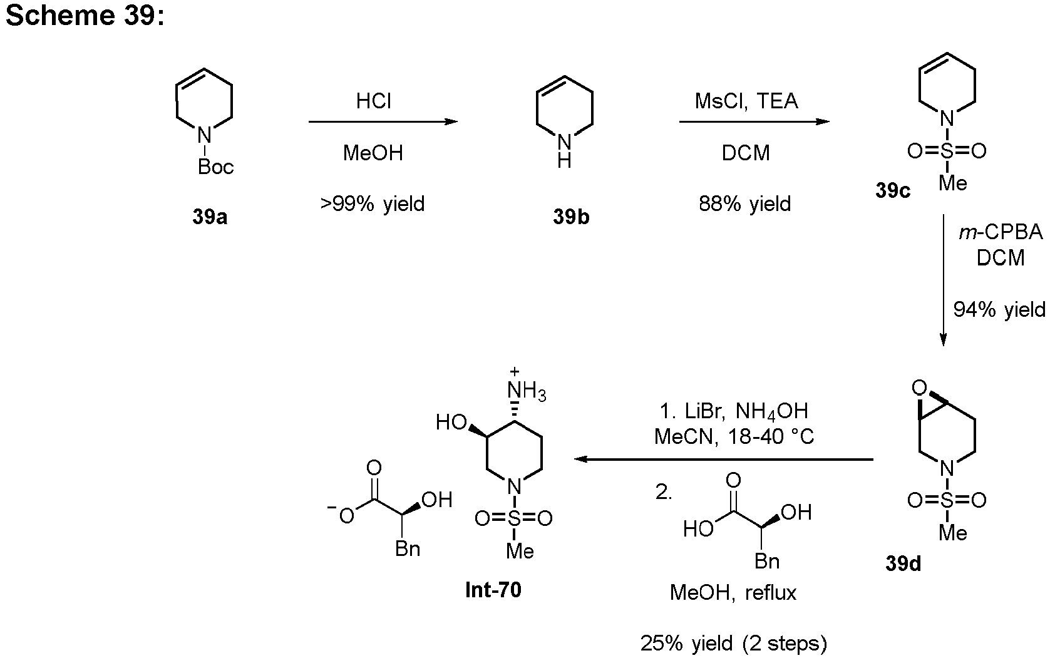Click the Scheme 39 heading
coord(85,16)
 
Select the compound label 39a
coord(210,217)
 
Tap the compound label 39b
coord(570,217)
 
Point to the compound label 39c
coord(892,190)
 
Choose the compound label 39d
coord(903,563)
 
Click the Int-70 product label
coord(493,590)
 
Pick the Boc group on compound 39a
coord(215,167)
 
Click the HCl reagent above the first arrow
coord(373,101)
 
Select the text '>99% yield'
coord(373,203)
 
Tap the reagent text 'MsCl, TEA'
coord(746,101)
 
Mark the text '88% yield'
coord(745,203)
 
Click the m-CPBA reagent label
coord(1001,232)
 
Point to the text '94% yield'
coord(999,309)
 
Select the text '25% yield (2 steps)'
coord(733,644)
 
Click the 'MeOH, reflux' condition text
coord(733,592)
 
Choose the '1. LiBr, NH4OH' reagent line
coord(734,411)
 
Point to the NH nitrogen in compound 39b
coord(564,145)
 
